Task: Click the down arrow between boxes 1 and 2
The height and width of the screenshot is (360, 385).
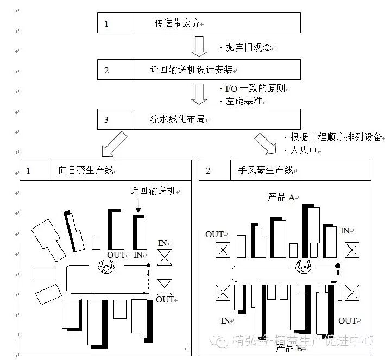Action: point(199,46)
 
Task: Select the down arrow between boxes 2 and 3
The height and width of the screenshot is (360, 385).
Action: point(199,94)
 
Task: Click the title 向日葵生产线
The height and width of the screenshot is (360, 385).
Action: point(86,170)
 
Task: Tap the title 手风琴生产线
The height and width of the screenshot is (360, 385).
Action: point(268,170)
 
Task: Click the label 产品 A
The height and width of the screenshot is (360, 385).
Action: point(281,197)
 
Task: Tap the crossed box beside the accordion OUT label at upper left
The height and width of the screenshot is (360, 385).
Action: point(223,250)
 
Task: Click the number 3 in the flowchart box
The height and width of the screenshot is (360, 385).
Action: point(106,119)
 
